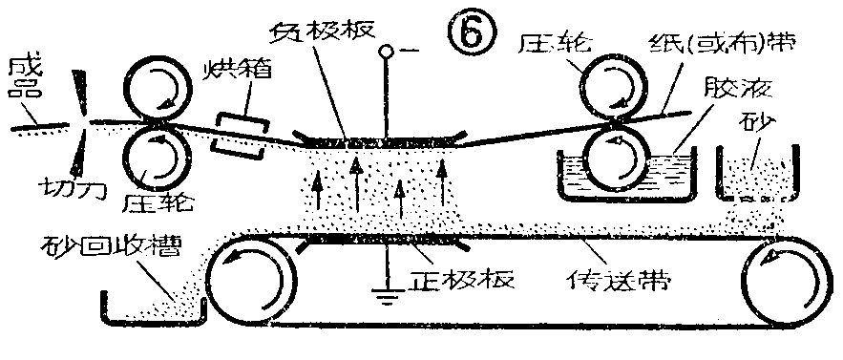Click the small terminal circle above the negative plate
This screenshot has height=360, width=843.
pos(386,50)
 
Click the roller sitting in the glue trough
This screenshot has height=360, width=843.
pos(613,157)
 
